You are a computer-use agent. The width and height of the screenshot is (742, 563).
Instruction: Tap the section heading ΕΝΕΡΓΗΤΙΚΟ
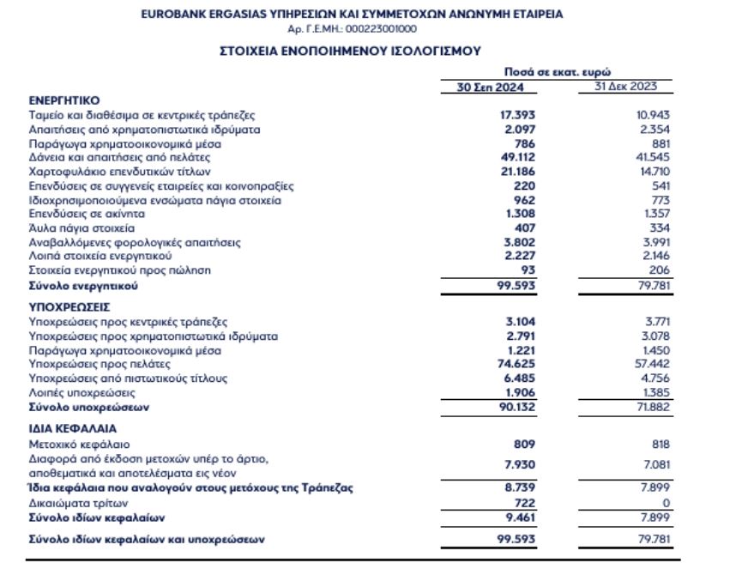(64, 100)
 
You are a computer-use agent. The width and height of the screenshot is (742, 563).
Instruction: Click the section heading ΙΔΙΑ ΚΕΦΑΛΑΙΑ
(72, 427)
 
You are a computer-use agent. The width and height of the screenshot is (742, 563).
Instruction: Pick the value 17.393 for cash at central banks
(518, 115)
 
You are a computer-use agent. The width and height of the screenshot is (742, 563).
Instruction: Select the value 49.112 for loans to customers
(518, 157)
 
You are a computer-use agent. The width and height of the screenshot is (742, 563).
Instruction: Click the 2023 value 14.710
(655, 172)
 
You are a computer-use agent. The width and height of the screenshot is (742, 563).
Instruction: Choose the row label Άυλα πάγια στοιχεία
(82, 227)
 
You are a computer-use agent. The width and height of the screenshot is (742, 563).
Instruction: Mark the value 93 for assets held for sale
(528, 270)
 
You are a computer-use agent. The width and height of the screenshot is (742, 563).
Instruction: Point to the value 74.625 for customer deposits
(518, 364)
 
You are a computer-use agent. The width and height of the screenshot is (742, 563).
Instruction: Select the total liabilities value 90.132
(518, 407)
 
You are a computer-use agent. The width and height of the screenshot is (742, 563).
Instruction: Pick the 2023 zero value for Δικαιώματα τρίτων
(666, 502)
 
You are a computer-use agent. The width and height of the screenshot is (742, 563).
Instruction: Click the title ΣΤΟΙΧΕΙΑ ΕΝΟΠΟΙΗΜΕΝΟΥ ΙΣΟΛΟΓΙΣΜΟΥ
(351, 51)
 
